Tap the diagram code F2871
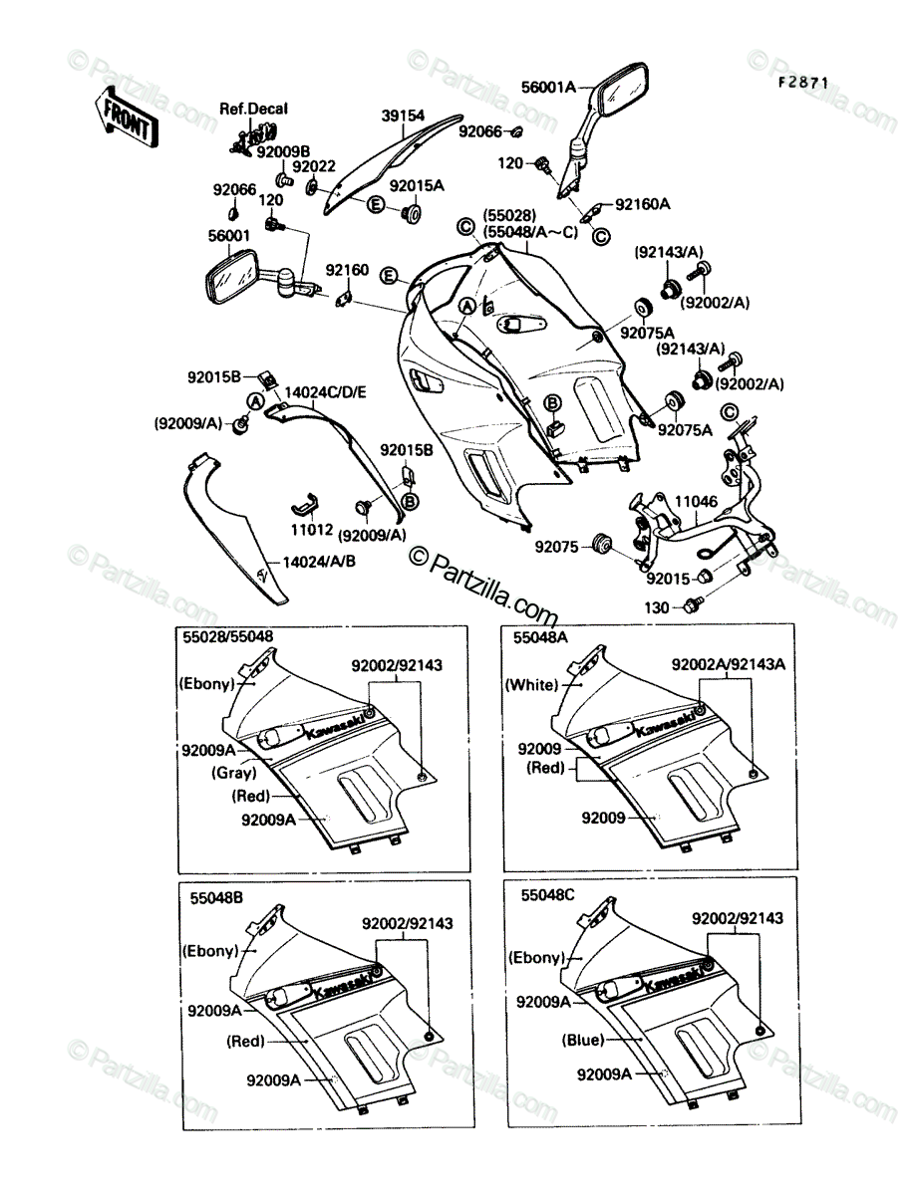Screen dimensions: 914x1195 [802, 83]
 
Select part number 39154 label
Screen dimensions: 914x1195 [403, 116]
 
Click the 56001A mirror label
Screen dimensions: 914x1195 [548, 87]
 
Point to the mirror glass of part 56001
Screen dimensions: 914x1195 [230, 278]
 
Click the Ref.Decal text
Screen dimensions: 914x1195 [253, 109]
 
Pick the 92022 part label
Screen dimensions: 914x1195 [314, 165]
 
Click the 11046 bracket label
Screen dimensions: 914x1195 [696, 502]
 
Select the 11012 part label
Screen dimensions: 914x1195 [312, 530]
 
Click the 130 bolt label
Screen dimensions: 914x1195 [657, 607]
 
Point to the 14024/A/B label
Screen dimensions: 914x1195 [319, 562]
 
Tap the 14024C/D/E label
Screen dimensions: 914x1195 [326, 392]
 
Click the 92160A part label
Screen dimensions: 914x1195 [642, 204]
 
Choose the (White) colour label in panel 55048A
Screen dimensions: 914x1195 [531, 685]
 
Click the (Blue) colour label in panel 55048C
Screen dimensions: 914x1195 [583, 1040]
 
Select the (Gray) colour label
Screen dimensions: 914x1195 [234, 773]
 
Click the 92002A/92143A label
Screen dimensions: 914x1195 [729, 664]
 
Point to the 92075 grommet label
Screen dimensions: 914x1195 [556, 547]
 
